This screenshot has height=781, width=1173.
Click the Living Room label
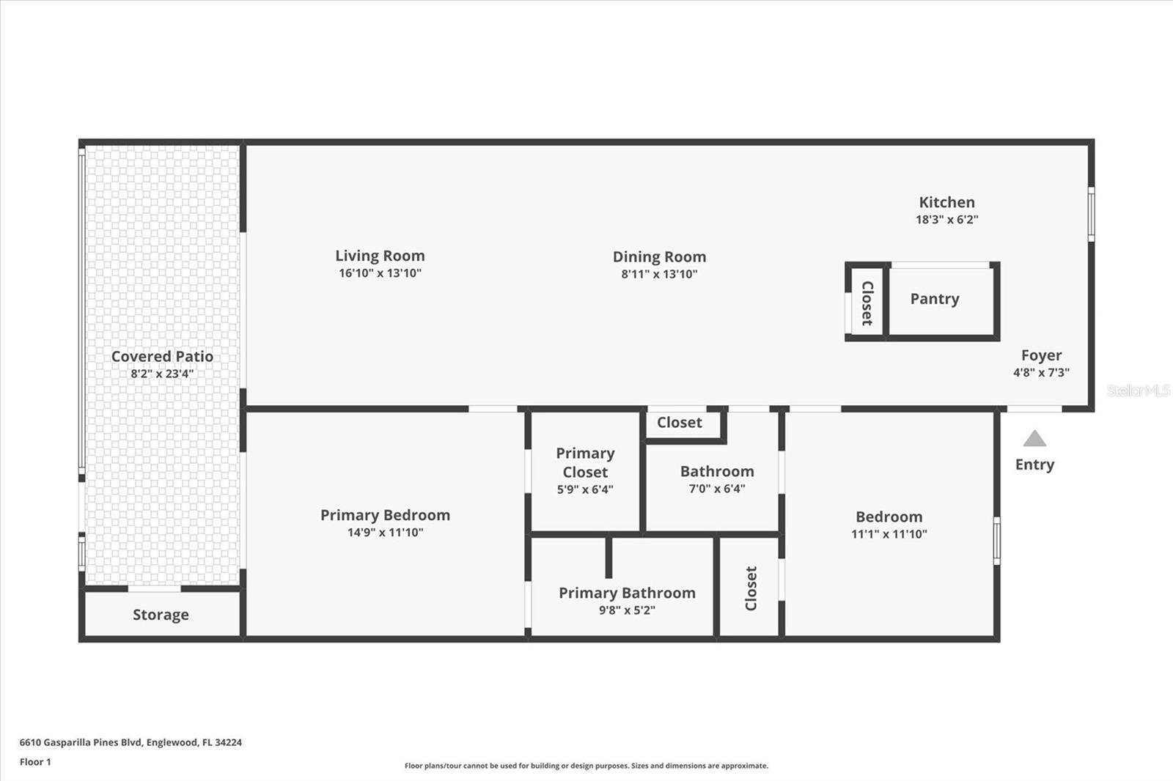(x=380, y=256)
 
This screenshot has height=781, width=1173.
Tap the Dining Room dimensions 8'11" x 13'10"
(x=659, y=274)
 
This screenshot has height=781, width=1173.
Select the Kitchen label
(x=946, y=202)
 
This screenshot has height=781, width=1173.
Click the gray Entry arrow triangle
(x=1034, y=440)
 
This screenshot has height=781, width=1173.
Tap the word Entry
(x=1034, y=464)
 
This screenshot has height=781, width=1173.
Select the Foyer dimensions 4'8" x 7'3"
(x=1041, y=372)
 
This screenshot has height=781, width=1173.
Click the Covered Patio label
(x=162, y=356)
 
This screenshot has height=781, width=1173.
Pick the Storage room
(x=161, y=615)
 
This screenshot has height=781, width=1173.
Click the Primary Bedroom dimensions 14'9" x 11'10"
(x=385, y=533)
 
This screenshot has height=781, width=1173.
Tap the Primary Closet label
(x=585, y=462)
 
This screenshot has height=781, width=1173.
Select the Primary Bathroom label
(x=627, y=593)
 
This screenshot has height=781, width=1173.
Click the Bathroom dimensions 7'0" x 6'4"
(x=716, y=489)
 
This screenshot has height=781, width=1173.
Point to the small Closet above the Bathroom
(x=680, y=423)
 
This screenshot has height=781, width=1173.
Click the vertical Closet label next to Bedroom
(x=751, y=588)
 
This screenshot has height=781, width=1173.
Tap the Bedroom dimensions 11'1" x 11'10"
(x=889, y=534)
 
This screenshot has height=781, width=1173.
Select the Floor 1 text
(x=35, y=762)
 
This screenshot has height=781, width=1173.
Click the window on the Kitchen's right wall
(x=1091, y=213)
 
